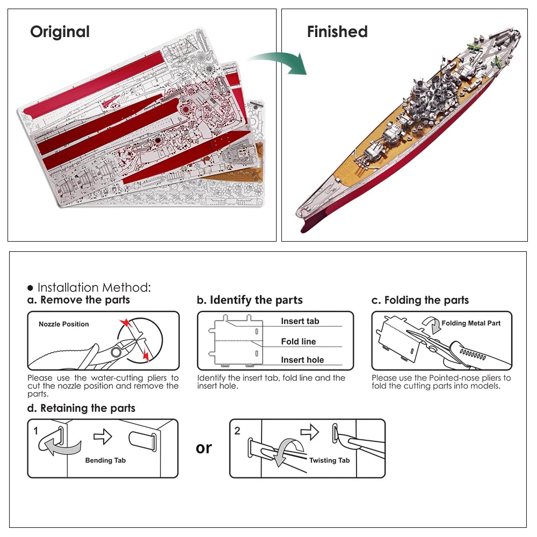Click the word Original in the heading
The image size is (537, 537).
pos(60,32)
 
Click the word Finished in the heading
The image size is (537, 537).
pos(337,32)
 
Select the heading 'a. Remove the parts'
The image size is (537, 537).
pos(78,300)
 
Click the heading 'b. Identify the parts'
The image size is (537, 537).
pos(250,300)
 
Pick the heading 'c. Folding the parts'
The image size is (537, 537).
pos(420,300)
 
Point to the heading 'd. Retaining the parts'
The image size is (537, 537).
pos(81,408)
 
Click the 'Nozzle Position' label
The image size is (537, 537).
pos(63,324)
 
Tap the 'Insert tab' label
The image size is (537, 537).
pos(300,321)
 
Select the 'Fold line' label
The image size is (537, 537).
pos(298,342)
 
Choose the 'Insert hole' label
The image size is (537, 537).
pos(302,360)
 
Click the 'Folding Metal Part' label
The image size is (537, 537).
pos(471,323)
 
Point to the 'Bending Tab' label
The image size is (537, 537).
pos(105,460)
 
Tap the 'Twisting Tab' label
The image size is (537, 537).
pos(329,460)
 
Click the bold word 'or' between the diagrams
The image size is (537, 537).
pos(204,447)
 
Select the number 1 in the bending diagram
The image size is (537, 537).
pos(36,430)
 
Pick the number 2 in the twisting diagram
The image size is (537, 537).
pos(237,430)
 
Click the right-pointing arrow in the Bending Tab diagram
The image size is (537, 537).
pos(102,437)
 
